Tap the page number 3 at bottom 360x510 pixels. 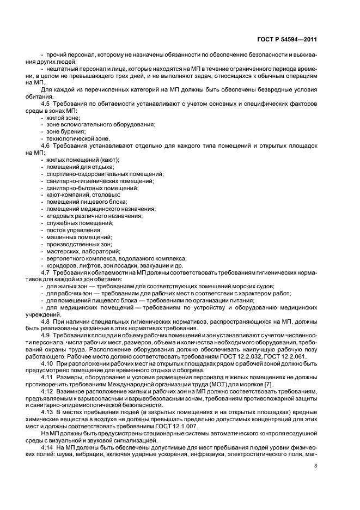click(x=315, y=466)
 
